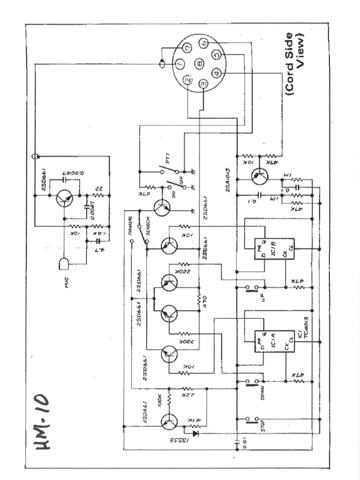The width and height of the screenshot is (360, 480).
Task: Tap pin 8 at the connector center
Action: (199, 63)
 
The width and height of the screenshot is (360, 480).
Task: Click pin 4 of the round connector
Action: (216, 73)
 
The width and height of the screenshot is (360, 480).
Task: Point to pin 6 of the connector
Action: (204, 43)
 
